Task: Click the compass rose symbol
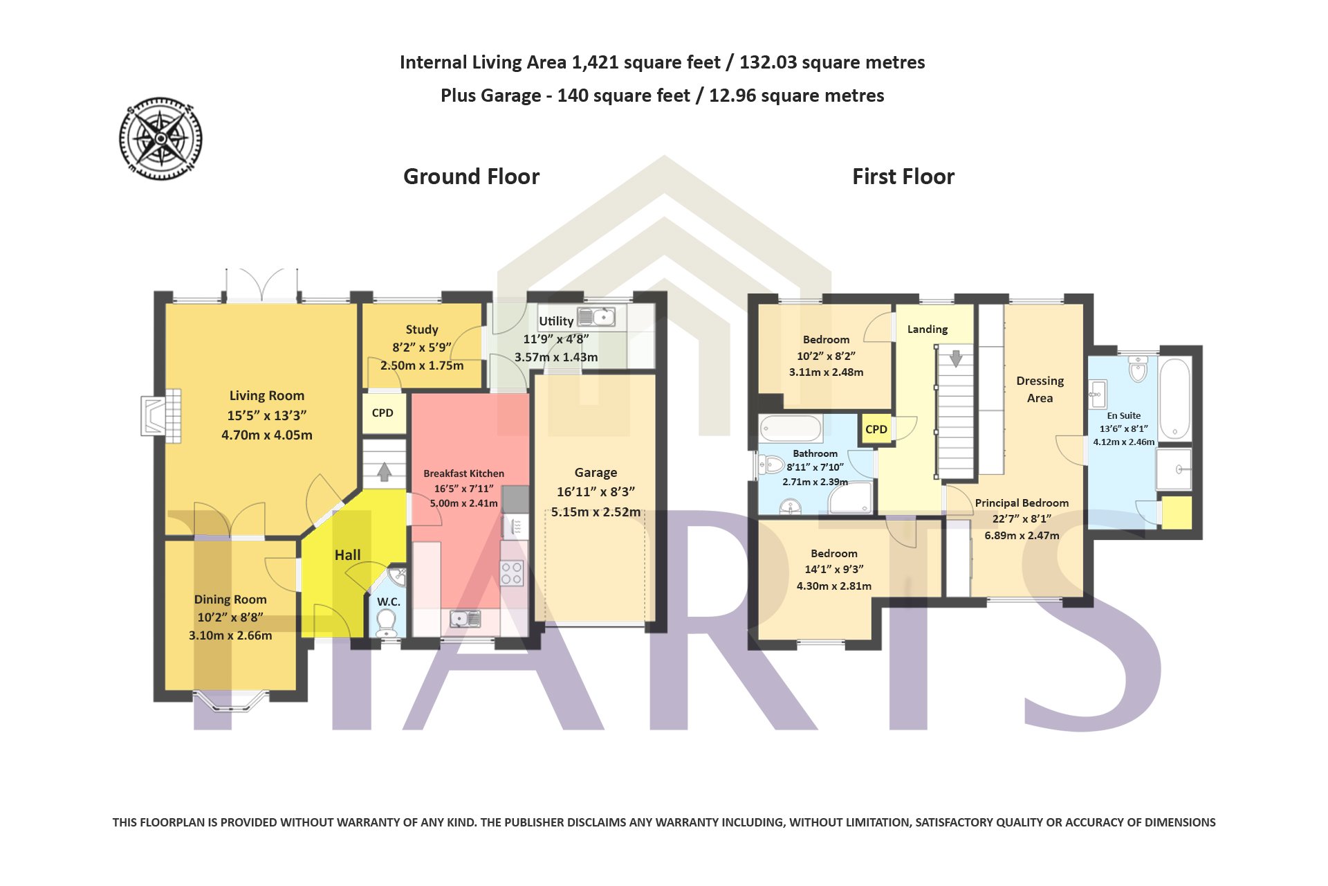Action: pyautogui.click(x=160, y=138)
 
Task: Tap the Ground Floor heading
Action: pyautogui.click(x=471, y=177)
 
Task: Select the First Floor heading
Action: pyautogui.click(x=903, y=177)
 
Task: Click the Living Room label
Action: pyautogui.click(x=267, y=395)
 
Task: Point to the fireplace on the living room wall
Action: pyautogui.click(x=161, y=415)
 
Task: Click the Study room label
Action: pyautogui.click(x=422, y=329)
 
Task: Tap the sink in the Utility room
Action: pyautogui.click(x=596, y=316)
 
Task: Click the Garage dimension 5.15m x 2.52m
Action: pyautogui.click(x=596, y=512)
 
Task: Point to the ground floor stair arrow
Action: pyautogui.click(x=385, y=472)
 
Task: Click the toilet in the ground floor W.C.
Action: pyautogui.click(x=387, y=622)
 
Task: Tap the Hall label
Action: pyautogui.click(x=347, y=555)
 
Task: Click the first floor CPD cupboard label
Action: pyautogui.click(x=876, y=429)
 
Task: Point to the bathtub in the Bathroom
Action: pyautogui.click(x=791, y=428)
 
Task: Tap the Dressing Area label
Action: pyautogui.click(x=1040, y=389)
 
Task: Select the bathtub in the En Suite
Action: pyautogui.click(x=1174, y=398)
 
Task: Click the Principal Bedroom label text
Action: pyautogui.click(x=1022, y=503)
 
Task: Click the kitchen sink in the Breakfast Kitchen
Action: pyautogui.click(x=465, y=618)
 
